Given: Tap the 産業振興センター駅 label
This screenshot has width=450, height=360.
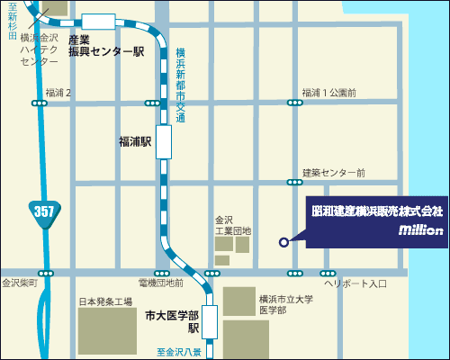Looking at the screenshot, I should coord(105,47).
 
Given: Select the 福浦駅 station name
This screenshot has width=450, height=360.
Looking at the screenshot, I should coord(136,141).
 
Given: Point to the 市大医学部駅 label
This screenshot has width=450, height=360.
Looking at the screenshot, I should coord(172,321).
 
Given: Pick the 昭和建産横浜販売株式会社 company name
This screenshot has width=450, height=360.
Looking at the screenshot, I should coord(377,211).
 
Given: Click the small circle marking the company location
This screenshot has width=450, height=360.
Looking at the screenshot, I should coord(283,241).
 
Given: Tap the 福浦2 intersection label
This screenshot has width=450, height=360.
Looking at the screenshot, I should coord(58,93).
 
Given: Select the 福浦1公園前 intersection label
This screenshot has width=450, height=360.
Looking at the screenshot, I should coord(328,93).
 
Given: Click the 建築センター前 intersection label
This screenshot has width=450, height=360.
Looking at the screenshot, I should coord(333,172).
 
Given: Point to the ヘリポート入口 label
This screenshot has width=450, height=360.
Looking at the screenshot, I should coord(355,283).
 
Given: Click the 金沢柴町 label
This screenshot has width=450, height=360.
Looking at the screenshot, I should coord(20,283).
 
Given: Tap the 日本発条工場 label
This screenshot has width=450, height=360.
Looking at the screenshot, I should coord(105,301).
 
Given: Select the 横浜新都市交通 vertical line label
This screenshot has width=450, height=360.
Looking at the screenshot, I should coord(180,85).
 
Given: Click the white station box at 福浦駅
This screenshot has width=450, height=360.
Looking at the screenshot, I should coord(164,142).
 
